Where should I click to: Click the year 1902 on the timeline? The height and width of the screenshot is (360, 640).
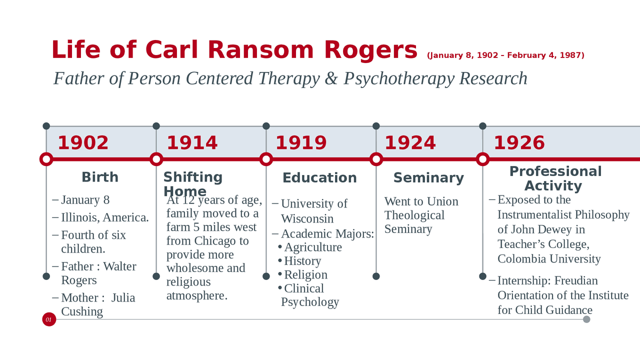click(83, 143)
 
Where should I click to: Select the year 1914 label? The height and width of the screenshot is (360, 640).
click(192, 143)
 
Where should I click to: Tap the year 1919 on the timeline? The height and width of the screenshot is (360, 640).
click(301, 143)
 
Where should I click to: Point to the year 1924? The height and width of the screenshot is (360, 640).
click(410, 143)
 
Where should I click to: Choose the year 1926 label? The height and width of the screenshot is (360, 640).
click(519, 143)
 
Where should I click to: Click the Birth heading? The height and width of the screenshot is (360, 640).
click(100, 177)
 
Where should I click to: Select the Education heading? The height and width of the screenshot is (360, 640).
click(319, 178)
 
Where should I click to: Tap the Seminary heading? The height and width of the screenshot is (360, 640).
click(428, 178)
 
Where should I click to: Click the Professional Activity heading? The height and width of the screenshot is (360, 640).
click(555, 178)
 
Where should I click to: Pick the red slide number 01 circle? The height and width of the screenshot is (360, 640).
click(49, 319)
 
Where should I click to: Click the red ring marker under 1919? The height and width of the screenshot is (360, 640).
click(266, 159)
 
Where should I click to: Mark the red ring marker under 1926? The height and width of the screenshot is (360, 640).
click(482, 159)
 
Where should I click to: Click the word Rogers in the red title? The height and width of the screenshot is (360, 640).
click(370, 50)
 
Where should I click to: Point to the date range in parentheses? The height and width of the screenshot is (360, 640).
click(505, 55)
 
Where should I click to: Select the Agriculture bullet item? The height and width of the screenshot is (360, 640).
click(313, 247)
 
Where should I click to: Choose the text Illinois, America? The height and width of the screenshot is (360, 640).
click(105, 217)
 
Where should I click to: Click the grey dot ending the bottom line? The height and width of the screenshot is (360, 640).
click(586, 319)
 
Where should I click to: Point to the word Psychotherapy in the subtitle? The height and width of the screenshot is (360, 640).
click(399, 78)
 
